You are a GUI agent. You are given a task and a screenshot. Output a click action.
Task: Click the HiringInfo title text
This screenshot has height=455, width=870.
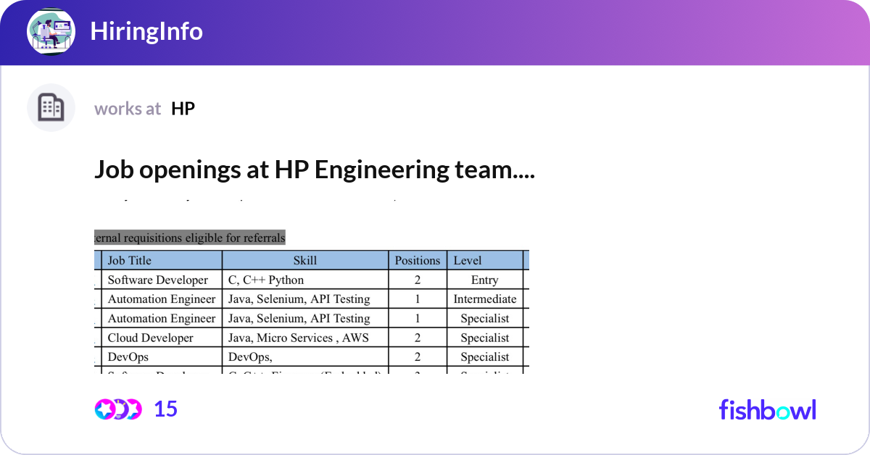146,31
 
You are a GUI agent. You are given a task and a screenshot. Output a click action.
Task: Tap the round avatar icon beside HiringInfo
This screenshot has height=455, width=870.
51,31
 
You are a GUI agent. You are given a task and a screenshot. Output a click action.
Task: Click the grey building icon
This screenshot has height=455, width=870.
51,108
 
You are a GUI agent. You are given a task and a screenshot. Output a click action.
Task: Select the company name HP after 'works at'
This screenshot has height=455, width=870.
183,109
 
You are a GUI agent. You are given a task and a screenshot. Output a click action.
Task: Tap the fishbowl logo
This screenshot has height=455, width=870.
767,409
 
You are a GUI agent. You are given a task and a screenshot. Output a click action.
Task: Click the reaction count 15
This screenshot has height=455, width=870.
166,409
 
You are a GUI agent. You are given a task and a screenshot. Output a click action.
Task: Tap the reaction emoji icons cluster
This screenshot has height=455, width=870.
117,409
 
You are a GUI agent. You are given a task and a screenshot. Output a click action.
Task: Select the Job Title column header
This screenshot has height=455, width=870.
130,260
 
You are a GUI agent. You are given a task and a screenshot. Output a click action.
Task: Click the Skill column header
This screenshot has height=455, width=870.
305,260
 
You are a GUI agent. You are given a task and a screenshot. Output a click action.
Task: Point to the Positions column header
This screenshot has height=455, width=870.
418,260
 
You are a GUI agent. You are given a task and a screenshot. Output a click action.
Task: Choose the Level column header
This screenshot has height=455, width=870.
468,260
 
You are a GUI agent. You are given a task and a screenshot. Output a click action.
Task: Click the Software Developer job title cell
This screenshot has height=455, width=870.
158,280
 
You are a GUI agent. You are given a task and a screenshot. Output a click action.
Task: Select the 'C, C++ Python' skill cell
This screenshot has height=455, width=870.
266,280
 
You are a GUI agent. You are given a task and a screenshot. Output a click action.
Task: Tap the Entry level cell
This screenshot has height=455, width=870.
484,280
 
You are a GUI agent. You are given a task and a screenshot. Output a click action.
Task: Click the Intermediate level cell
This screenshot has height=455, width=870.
484,299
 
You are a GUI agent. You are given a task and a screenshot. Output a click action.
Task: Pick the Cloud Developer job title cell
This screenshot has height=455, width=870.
151,338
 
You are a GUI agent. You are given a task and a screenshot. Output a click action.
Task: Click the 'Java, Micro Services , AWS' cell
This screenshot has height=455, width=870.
298,338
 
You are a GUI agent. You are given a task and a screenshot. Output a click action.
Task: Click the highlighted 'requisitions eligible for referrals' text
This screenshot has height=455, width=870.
190,237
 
